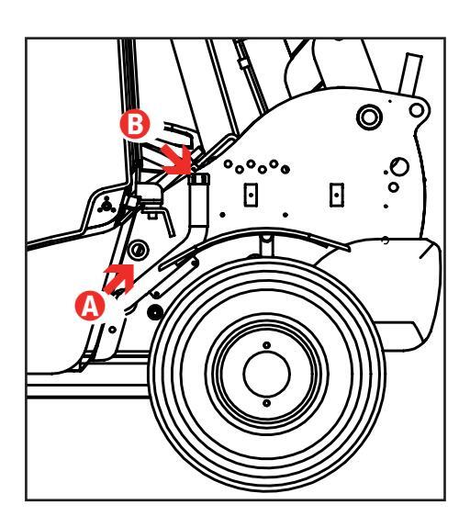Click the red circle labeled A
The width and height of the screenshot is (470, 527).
point(90,306)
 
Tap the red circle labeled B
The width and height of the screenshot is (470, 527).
point(135,124)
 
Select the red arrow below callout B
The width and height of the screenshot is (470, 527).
point(176,160)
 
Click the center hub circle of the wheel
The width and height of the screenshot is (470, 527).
point(267,374)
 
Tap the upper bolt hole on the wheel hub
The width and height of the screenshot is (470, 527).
point(266,345)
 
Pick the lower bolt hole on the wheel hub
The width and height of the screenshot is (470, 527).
point(266,403)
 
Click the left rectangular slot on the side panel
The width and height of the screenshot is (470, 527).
point(251,195)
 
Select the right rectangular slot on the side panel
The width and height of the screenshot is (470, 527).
point(337,195)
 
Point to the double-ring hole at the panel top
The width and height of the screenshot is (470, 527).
point(369,117)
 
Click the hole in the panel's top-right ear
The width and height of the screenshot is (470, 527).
point(417,110)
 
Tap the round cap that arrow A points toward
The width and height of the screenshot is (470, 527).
point(138,250)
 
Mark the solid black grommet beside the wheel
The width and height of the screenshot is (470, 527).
point(155,312)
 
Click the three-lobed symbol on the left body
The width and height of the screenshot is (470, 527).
point(106,205)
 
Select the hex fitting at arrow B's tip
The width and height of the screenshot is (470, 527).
point(199,179)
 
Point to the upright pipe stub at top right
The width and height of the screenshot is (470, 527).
point(409,74)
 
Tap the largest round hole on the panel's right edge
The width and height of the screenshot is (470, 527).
point(400,166)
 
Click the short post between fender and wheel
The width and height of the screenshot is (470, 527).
point(266,246)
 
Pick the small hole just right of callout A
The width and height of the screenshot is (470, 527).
point(113,330)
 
